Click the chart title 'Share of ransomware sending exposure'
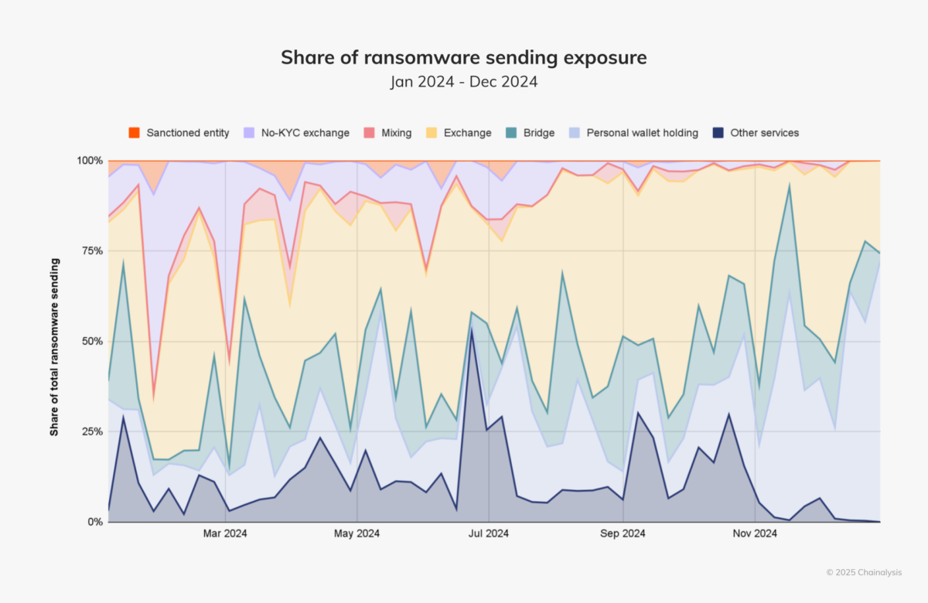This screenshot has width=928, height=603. pos(463,57)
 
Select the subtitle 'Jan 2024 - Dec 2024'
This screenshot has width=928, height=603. pos(463,81)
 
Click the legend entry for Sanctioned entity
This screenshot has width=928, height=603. pos(179,133)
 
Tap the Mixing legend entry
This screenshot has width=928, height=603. pos(389,133)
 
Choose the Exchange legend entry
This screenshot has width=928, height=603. pos(459,133)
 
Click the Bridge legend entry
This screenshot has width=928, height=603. pos(531,133)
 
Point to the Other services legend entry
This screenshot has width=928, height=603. pos(756,133)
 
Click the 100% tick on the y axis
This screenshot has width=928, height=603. pos(89,161)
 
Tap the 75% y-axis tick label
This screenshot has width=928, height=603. pos(91,251)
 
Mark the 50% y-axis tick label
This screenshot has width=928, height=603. pos(91,341)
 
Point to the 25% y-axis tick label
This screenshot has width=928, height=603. pos(91,431)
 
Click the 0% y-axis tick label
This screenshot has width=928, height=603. pos(94,522)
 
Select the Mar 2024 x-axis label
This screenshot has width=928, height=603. pos(225,533)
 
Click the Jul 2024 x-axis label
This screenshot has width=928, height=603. pos(489,533)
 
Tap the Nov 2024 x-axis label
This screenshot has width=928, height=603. pos(755,533)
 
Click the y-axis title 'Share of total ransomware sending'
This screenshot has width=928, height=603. pos(55,347)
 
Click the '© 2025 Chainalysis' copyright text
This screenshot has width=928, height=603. pos(863,572)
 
